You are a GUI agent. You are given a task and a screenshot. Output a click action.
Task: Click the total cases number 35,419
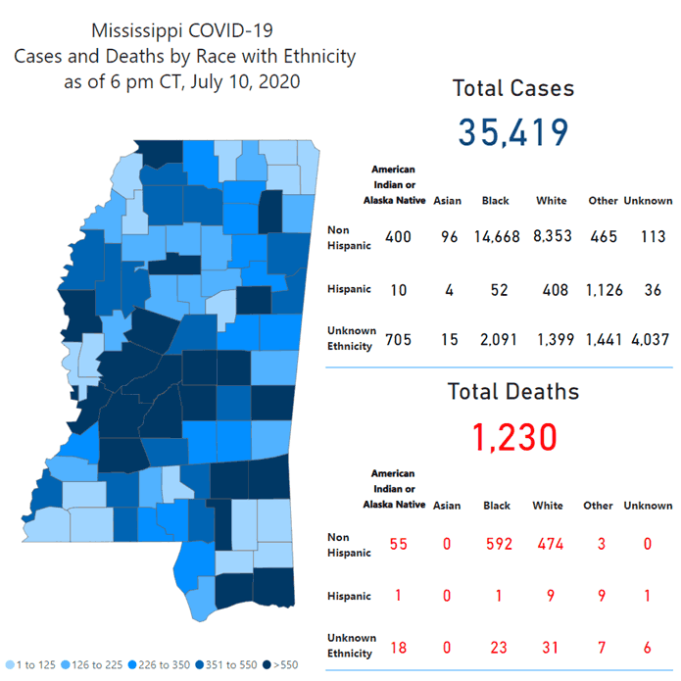point(512,132)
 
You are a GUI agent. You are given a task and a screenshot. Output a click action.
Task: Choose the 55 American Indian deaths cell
point(398,544)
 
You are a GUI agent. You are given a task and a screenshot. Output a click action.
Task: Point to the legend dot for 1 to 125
point(10,664)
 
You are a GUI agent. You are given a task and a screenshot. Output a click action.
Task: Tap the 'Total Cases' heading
point(512,88)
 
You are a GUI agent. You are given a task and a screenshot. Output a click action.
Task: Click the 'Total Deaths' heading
point(512,392)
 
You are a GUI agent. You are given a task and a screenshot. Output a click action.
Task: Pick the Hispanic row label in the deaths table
point(349,596)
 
